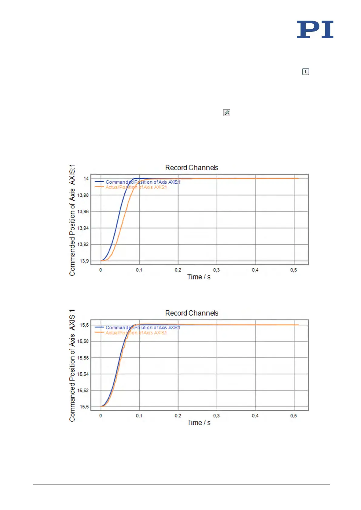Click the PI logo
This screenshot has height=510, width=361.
(x=315, y=29)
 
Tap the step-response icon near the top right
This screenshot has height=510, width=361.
(x=305, y=72)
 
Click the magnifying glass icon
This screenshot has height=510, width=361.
(x=226, y=112)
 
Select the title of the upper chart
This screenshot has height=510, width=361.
(x=192, y=168)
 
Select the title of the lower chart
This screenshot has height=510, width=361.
(x=192, y=313)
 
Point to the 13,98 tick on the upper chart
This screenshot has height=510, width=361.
(x=83, y=195)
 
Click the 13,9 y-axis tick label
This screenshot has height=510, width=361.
(x=84, y=261)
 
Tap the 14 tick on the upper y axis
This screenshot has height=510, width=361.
(x=86, y=178)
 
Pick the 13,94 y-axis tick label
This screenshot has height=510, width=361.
(x=83, y=228)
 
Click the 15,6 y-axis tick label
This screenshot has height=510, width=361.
(x=84, y=325)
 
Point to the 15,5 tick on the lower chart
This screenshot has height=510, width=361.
(x=84, y=407)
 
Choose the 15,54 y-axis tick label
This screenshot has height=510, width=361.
(x=83, y=374)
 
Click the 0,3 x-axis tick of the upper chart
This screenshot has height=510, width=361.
(x=216, y=270)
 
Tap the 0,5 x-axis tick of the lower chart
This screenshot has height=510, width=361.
(x=293, y=416)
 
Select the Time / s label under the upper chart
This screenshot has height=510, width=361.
(x=199, y=277)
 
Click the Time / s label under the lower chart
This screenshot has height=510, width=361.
(x=199, y=423)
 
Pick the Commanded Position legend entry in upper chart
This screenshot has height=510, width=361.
(x=142, y=182)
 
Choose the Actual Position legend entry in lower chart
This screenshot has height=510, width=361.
(x=136, y=333)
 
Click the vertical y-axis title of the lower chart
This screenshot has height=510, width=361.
(x=72, y=365)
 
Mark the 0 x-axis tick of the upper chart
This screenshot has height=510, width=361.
(x=101, y=270)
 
